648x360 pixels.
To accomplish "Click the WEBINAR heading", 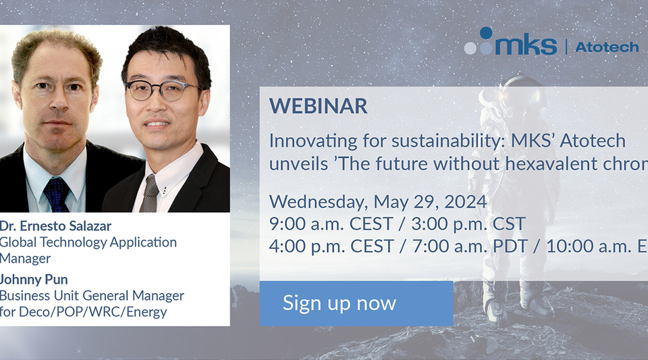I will (x=318, y=106).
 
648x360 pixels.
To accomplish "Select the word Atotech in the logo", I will (x=607, y=47).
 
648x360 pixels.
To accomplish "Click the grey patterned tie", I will (x=150, y=193).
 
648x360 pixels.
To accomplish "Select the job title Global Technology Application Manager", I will (x=88, y=249).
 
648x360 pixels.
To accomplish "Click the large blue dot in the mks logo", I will (x=487, y=33).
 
